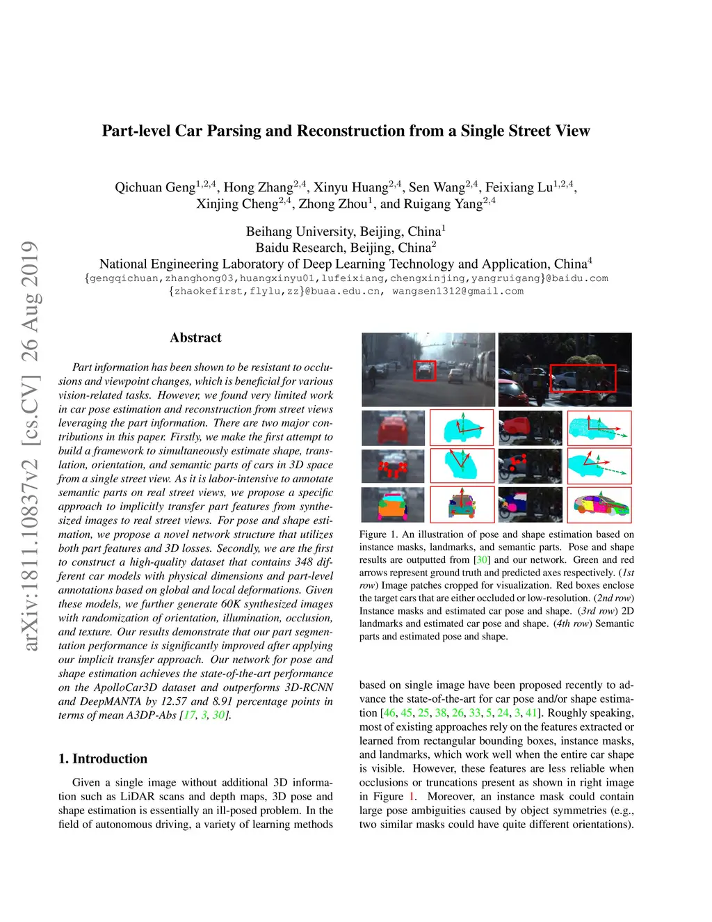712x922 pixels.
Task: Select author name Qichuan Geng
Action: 154,187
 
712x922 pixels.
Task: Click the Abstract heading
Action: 195,337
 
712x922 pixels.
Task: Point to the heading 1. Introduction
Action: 103,758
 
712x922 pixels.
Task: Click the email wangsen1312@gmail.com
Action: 458,291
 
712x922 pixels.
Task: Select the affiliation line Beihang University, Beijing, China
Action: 343,232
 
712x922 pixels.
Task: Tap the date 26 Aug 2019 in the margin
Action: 30,301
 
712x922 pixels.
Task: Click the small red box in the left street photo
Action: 424,371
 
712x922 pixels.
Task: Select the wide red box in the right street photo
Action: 583,378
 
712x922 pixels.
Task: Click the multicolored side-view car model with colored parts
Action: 599,504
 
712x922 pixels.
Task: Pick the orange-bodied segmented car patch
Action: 393,505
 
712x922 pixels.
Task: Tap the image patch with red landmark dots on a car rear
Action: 393,466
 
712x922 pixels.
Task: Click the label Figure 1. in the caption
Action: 378,534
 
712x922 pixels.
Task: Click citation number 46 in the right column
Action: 389,713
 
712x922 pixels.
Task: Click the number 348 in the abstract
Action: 304,562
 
